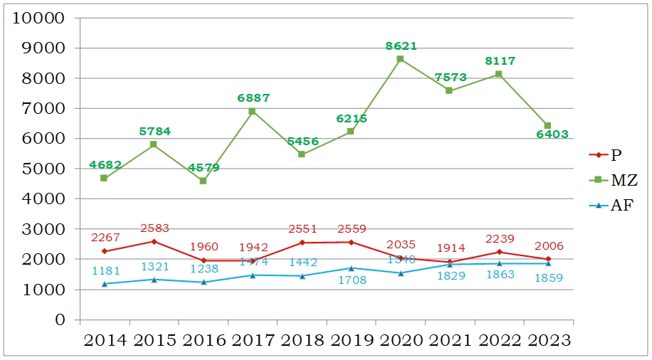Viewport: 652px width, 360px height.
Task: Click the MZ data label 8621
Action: tap(401, 46)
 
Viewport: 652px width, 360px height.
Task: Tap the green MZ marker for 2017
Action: tap(252, 111)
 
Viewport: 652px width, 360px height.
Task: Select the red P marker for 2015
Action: tap(154, 241)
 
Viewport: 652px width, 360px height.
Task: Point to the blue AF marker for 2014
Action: tap(104, 284)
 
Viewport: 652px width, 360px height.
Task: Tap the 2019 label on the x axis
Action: tap(350, 341)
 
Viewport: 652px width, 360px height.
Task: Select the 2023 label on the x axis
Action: tap(547, 341)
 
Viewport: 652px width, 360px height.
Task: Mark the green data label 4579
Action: tap(204, 168)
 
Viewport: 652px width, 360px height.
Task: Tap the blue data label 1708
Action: tap(351, 280)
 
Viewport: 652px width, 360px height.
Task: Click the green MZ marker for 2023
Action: tap(547, 126)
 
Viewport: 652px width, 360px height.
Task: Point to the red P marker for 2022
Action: tap(498, 252)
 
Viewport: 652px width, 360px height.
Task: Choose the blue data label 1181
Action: tap(105, 270)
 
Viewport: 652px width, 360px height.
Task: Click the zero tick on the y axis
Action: tap(61, 319)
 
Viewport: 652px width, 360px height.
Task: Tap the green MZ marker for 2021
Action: tap(449, 90)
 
